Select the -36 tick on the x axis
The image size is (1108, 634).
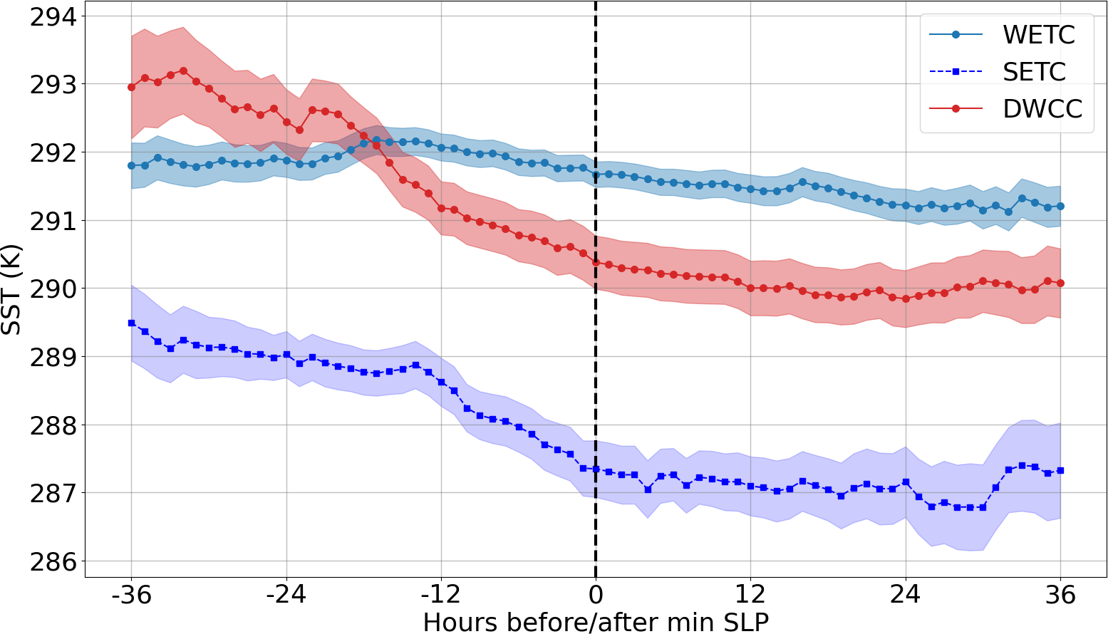pyautogui.click(x=131, y=594)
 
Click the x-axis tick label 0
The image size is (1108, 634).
pyautogui.click(x=596, y=594)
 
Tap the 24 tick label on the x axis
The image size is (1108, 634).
pyautogui.click(x=906, y=594)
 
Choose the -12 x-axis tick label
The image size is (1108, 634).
pyautogui.click(x=441, y=594)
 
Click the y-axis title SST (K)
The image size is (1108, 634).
pyautogui.click(x=12, y=289)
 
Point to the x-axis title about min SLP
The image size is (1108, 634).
pyautogui.click(x=596, y=622)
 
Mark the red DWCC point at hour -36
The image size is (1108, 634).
pyautogui.click(x=131, y=87)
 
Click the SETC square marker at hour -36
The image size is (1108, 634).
pyautogui.click(x=131, y=323)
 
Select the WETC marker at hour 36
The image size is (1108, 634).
pyautogui.click(x=1060, y=206)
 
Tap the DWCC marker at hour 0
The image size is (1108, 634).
pyautogui.click(x=596, y=262)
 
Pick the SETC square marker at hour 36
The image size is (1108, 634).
pyautogui.click(x=1060, y=470)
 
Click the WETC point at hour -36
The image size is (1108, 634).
pyautogui.click(x=131, y=165)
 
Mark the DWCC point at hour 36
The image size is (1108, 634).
pyautogui.click(x=1060, y=283)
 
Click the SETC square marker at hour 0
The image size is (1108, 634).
pyautogui.click(x=596, y=469)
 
